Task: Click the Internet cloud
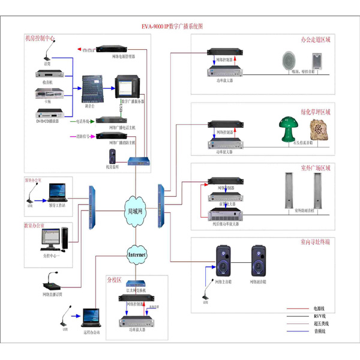(136, 254)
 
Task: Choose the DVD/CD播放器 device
(48, 112)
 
